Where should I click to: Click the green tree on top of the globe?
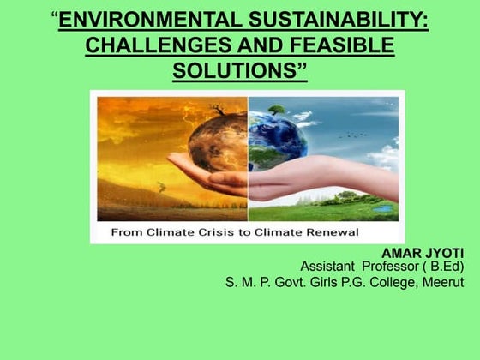click(x=275, y=110)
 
